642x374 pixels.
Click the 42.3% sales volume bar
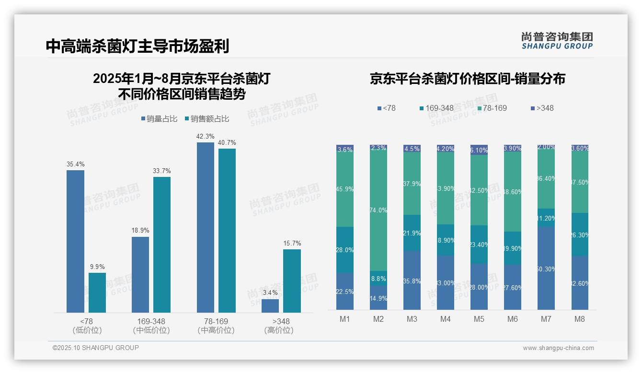[205, 227]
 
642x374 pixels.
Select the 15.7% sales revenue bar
[292, 281]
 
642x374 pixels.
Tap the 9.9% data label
[97, 267]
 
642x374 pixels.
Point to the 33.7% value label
[162, 171]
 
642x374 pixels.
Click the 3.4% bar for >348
[270, 306]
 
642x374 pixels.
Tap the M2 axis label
[378, 319]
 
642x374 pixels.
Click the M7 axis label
[546, 319]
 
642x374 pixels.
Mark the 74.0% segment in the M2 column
[378, 210]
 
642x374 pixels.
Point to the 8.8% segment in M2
[378, 279]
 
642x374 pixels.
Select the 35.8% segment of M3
[412, 280]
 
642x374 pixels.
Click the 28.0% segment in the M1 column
[345, 250]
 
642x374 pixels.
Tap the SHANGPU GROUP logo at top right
[557, 41]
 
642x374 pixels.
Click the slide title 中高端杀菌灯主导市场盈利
[138, 46]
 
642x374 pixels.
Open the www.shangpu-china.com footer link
[558, 348]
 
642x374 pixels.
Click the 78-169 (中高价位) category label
[216, 326]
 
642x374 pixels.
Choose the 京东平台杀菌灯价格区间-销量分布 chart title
[467, 79]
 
